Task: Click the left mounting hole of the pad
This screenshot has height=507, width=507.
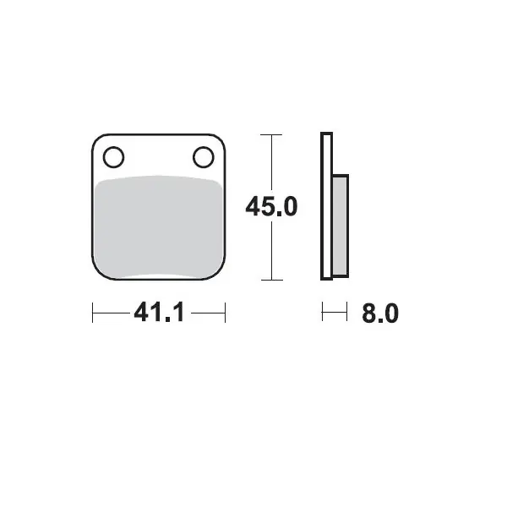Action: (x=113, y=157)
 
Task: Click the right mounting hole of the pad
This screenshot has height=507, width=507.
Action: (x=204, y=157)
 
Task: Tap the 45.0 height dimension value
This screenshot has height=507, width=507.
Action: (x=271, y=207)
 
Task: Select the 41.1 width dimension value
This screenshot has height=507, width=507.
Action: (x=160, y=312)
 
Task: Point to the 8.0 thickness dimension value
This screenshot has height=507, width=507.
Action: (x=380, y=313)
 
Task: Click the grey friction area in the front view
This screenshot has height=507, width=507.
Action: (x=159, y=226)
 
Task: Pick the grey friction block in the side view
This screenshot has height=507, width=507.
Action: (x=341, y=226)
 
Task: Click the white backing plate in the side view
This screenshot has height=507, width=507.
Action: (x=326, y=206)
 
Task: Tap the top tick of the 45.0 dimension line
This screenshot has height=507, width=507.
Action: (x=271, y=134)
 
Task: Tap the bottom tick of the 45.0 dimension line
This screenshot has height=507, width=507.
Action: (x=272, y=280)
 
